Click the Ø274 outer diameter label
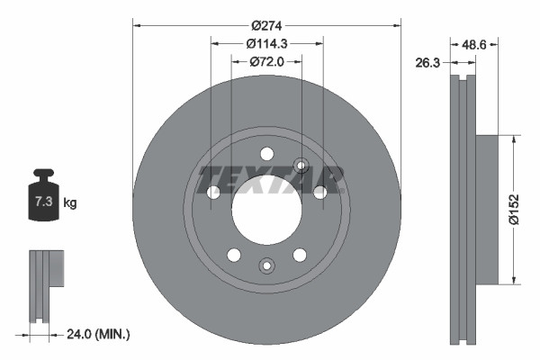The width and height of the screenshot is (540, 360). pos(266,26)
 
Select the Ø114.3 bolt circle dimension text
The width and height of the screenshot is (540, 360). pos(266,43)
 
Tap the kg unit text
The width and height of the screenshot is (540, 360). pos(70,203)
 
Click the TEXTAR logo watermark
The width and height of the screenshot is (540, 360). pos(271,179)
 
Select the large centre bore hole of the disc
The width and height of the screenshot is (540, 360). pos(266,204)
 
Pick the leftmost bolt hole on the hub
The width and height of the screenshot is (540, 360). pos(213,192)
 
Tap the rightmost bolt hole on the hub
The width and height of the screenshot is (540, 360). pos(319,192)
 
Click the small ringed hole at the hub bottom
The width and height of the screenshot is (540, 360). pos(266,265)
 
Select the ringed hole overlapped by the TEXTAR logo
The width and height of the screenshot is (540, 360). pos(301,165)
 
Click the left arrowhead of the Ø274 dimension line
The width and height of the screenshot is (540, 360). pos(137,25)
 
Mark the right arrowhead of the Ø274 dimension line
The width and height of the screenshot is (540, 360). pos(396,25)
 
